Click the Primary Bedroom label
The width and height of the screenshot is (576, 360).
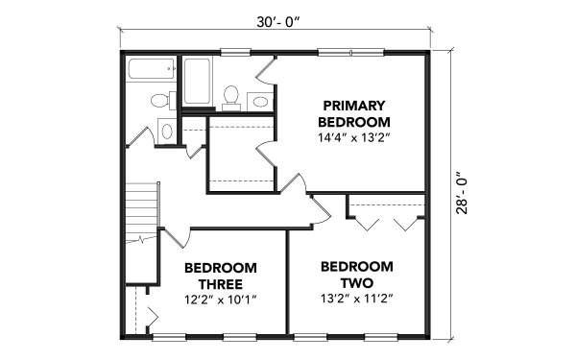point(354,113)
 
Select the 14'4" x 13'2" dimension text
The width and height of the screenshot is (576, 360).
point(354,138)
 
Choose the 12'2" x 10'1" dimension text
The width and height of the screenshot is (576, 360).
point(219,299)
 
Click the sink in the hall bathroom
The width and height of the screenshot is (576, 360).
point(160,99)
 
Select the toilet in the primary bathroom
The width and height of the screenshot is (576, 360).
point(231,94)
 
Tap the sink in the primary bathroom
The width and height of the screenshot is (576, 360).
point(259,100)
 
